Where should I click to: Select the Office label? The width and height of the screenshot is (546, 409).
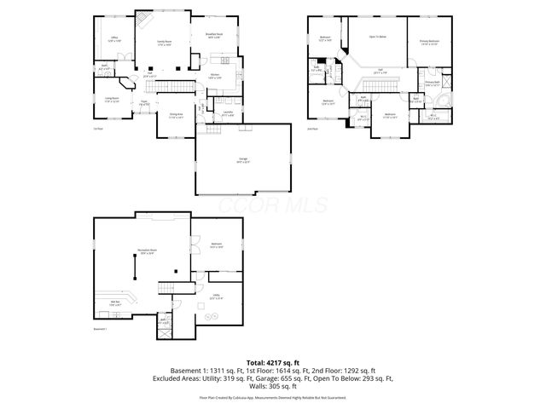click(x=114, y=39)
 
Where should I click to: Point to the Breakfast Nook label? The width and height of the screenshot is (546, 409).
click(x=213, y=35)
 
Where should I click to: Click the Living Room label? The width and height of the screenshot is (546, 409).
click(x=112, y=100)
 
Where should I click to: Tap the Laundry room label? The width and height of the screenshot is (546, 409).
click(x=229, y=112)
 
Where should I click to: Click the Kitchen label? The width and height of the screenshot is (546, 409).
click(x=215, y=75)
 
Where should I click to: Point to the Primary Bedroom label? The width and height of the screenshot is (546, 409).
click(x=429, y=41)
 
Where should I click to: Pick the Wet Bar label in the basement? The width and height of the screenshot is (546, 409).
click(x=114, y=302)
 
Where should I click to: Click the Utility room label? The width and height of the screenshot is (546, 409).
click(x=216, y=297)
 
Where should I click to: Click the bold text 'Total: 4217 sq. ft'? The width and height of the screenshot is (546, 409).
click(x=272, y=363)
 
